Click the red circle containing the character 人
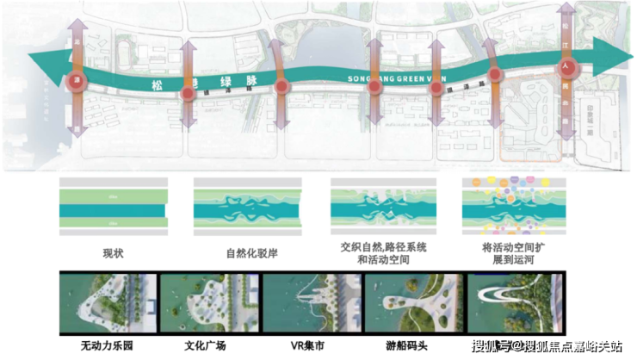pos(566,65)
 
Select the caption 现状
pos(114,253)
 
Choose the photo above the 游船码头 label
pos(411,306)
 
